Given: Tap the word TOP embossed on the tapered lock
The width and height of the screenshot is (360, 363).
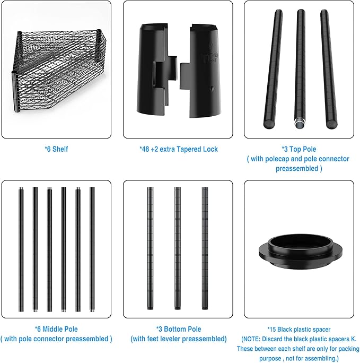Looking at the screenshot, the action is (210, 57).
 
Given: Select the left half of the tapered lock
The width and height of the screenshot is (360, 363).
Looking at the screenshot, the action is (157, 70).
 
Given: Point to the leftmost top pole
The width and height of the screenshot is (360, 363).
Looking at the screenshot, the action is (273, 69).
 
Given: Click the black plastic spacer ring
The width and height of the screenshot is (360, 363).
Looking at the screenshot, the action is (300, 251).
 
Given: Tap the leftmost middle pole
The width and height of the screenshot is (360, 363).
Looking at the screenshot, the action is (21, 249).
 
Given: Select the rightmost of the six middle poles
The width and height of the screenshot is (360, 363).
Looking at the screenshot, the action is (92, 249).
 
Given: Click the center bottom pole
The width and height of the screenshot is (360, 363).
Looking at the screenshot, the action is (178, 248).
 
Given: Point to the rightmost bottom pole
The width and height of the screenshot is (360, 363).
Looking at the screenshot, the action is (205, 248).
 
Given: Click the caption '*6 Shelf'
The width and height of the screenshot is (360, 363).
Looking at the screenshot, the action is (56, 149).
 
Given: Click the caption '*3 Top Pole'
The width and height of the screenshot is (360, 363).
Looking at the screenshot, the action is (298, 149).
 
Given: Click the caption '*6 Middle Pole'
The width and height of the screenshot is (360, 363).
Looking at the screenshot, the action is (56, 329).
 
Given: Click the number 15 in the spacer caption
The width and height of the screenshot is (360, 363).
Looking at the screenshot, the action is (273, 329).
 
